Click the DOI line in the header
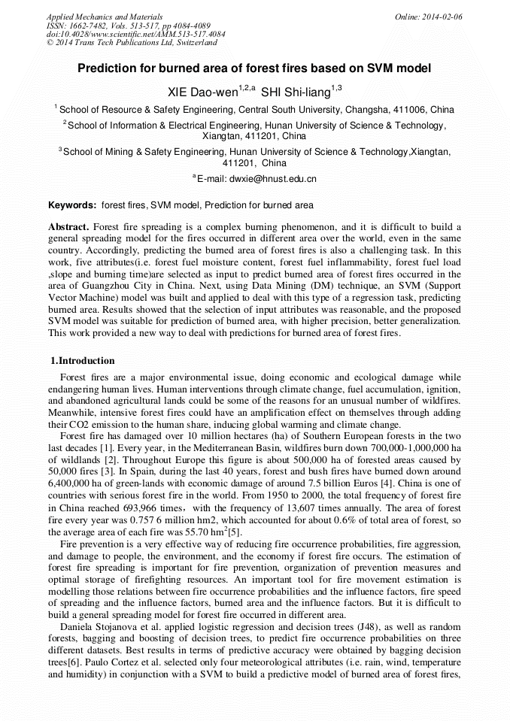pos(125,35)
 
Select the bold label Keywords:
pos(72,204)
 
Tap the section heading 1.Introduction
pos(82,361)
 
